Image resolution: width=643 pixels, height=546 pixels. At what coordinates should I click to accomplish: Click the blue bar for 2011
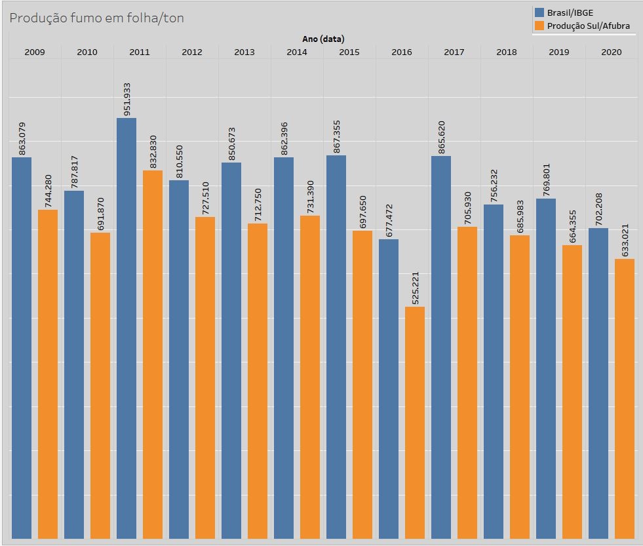pos(127,328)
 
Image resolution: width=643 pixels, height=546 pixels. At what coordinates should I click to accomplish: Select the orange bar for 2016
pos(415,423)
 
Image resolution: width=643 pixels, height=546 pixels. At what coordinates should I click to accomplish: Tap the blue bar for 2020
pos(598,383)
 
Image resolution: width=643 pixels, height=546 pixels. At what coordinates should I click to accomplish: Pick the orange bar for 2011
pos(153,354)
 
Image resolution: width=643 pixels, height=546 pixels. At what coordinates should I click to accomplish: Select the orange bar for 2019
pos(572,392)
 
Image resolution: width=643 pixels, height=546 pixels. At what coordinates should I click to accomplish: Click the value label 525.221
pos(416,288)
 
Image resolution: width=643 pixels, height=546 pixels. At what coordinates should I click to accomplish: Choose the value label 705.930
pos(468,208)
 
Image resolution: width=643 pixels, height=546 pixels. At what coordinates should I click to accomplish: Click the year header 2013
pos(244,52)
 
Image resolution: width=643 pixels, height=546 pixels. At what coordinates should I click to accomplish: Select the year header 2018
pos(507,52)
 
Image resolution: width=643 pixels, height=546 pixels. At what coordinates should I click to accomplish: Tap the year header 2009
pos(35,52)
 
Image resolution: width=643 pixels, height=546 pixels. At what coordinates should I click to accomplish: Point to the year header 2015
pos(349,52)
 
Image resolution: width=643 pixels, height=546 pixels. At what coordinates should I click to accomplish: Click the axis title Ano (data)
pos(323,39)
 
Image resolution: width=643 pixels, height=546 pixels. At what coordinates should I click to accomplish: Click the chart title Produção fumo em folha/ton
pos(96,18)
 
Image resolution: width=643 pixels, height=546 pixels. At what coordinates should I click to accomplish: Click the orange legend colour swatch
pos(539,26)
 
